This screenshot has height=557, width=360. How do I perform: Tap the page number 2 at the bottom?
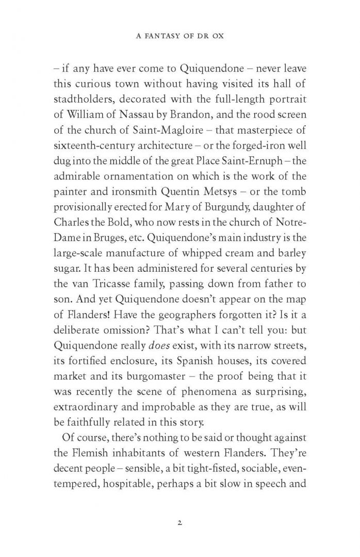click(x=179, y=522)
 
